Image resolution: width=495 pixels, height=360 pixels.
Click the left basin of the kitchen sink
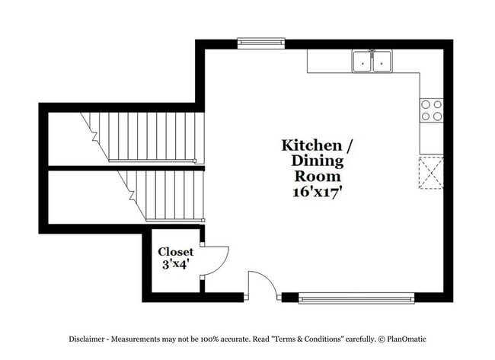pos(362,62)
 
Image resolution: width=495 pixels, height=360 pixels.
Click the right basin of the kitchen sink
pos(381,62)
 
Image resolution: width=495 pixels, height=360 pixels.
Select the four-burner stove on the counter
pos(431,110)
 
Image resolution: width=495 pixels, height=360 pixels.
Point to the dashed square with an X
pos(431,172)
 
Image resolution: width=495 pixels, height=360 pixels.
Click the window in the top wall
pos(260,43)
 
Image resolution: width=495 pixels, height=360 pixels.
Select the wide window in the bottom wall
pos(356,298)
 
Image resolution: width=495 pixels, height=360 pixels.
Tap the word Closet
pos(176,251)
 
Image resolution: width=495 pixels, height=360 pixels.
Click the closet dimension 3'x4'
pos(176,265)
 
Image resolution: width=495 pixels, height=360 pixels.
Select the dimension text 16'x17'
pos(317,192)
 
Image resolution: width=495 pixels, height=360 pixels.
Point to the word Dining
pos(317,161)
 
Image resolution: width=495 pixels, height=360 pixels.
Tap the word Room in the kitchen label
pos(317,176)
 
